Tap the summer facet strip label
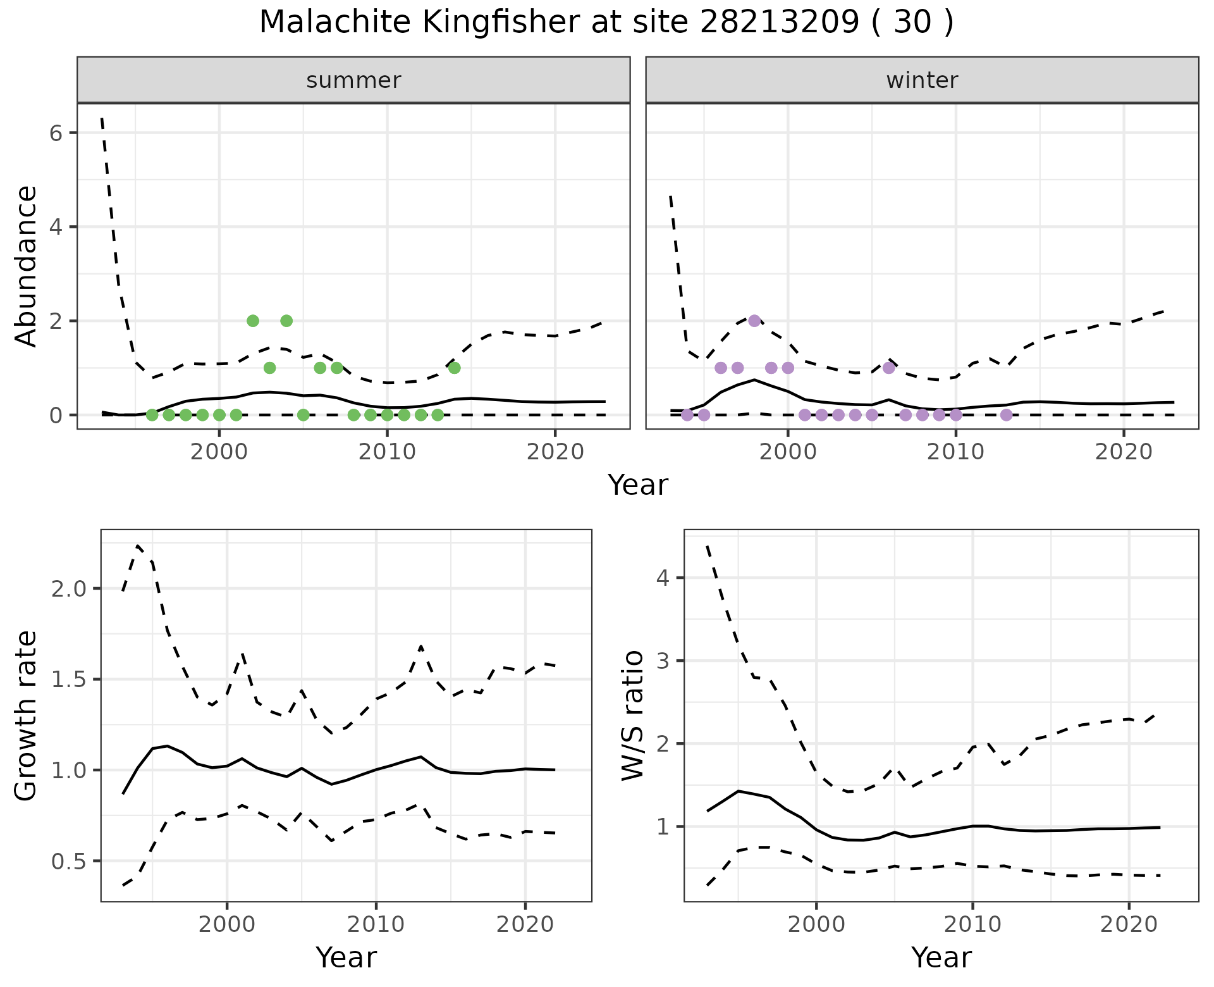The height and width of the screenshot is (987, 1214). tap(353, 80)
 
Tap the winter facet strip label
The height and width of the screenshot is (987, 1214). tap(922, 80)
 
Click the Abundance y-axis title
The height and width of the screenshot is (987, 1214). tap(27, 266)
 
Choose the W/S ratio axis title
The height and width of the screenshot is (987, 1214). tap(633, 716)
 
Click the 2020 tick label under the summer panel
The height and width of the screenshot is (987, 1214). tap(555, 452)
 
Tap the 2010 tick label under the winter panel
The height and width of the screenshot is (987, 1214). tap(955, 452)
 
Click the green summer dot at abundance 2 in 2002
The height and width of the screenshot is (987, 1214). tap(253, 321)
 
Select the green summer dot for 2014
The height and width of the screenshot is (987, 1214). tap(454, 368)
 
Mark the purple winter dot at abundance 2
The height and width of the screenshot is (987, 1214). tap(754, 321)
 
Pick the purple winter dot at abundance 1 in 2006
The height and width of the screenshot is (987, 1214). tap(889, 368)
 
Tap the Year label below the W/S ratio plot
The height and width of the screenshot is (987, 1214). tap(941, 958)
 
